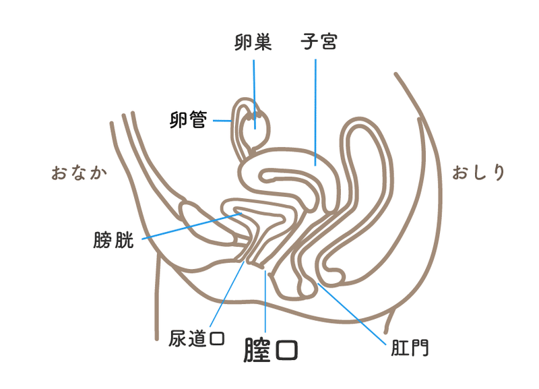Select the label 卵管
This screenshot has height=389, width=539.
(x=188, y=121)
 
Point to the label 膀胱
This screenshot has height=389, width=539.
(x=114, y=241)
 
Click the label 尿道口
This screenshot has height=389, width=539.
(x=196, y=338)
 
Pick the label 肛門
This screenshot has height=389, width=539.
(x=409, y=349)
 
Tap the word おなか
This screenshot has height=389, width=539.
(x=80, y=173)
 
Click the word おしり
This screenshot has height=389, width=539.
(x=478, y=172)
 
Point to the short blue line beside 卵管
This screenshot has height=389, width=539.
(x=222, y=121)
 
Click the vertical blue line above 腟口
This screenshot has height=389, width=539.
(x=266, y=303)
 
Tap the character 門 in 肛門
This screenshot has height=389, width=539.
(x=419, y=349)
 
